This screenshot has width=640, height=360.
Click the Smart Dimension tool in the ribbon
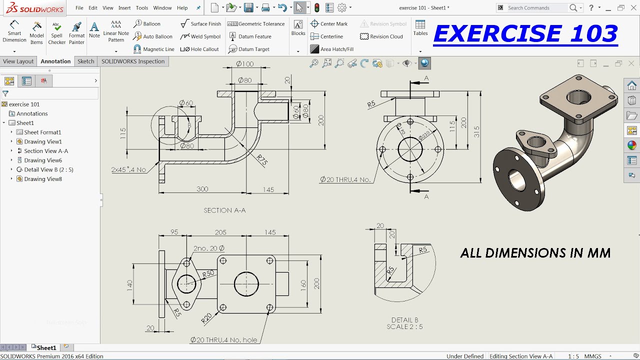point(14,31)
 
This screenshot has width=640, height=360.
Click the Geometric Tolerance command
point(256,23)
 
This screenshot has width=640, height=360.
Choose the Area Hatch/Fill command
point(332,49)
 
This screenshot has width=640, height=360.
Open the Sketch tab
point(85,61)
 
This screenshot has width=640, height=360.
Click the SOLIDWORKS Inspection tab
point(132,61)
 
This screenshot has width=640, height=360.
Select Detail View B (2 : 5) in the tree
point(48,169)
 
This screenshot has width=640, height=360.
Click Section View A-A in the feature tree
point(46,151)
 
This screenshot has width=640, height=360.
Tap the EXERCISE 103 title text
point(525,33)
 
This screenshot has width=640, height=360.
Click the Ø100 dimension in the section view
point(244,64)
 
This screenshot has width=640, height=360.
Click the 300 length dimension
point(202,189)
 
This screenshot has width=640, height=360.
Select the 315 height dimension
point(476,131)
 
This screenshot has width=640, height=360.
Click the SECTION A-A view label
point(224,210)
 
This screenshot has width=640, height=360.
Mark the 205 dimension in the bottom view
point(220,232)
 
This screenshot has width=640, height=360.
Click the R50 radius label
point(208,273)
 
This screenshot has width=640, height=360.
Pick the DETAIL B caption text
point(404,320)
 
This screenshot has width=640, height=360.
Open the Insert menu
point(124,8)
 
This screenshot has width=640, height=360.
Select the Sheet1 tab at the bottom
point(46,347)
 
